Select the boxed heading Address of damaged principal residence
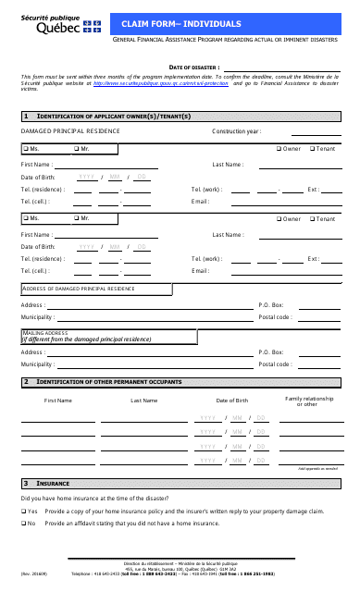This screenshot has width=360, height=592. pos(78,289)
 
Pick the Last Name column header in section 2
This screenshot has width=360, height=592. pos(143,401)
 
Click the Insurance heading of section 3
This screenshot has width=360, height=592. pos(53,483)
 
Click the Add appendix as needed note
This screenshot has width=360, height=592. pos(318,469)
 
